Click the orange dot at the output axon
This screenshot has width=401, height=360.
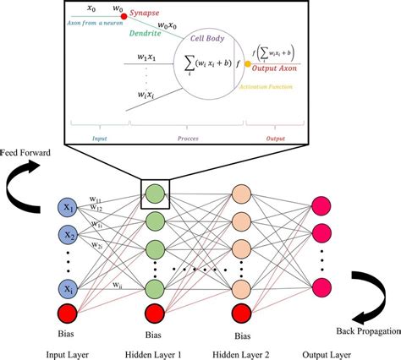point(248,63)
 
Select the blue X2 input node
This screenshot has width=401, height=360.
point(66,237)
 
